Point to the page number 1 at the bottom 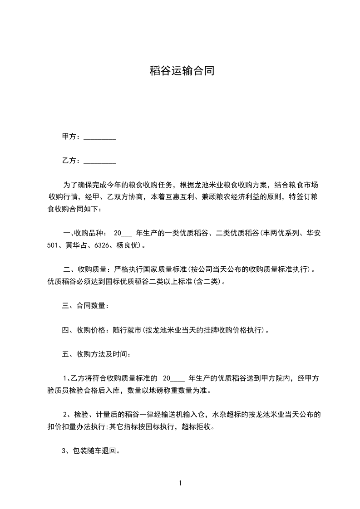coord(180,483)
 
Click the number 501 coord(53,245)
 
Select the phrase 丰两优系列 coord(280,233)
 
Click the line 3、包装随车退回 coord(90,451)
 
